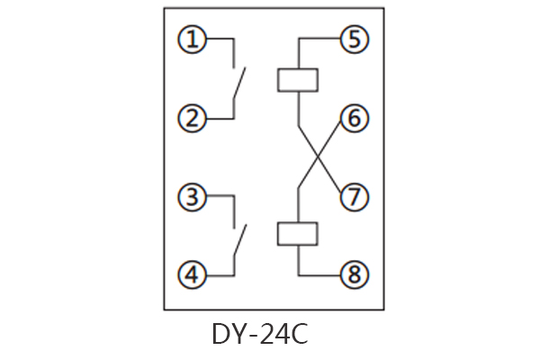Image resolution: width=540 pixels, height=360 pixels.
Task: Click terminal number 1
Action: [190, 40]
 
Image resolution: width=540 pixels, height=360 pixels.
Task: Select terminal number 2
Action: [190, 118]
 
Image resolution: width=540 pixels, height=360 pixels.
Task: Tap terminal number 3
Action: [190, 196]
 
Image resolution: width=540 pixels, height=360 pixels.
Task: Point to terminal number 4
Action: [190, 274]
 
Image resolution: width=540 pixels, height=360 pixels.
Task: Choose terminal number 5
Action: [353, 40]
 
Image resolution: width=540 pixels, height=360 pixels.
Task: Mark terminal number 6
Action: [353, 118]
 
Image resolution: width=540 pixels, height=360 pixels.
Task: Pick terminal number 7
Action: [353, 196]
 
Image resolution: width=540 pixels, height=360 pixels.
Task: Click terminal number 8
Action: [353, 274]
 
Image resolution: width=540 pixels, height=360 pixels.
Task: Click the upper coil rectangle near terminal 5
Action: [298, 78]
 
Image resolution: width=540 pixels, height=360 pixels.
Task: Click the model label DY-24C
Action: [260, 334]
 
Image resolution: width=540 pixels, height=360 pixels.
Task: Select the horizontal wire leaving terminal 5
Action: [319, 40]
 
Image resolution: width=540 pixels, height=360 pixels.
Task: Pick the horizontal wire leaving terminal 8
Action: [319, 274]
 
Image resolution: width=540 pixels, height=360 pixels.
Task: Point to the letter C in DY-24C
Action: [299, 334]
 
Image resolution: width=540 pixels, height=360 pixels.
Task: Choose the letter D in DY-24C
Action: [221, 334]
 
